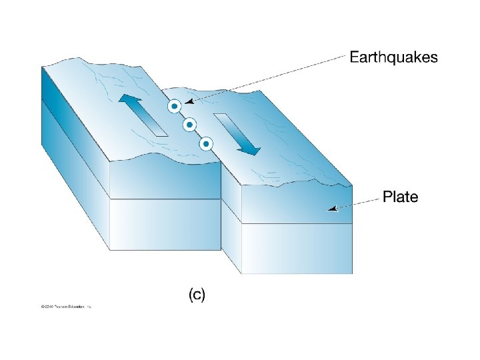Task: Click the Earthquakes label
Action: pos(394,57)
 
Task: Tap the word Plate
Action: pos(400,197)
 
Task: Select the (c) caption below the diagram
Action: pos(197,295)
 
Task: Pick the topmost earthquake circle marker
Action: pos(173,106)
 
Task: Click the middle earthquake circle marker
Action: pos(189,124)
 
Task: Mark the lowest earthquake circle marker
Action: pos(206,143)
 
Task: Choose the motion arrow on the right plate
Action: pos(237,134)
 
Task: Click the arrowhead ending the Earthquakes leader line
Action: pos(189,102)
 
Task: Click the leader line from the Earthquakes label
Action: pos(267,79)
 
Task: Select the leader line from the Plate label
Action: pos(357,203)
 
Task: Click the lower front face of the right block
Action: pos(297,248)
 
